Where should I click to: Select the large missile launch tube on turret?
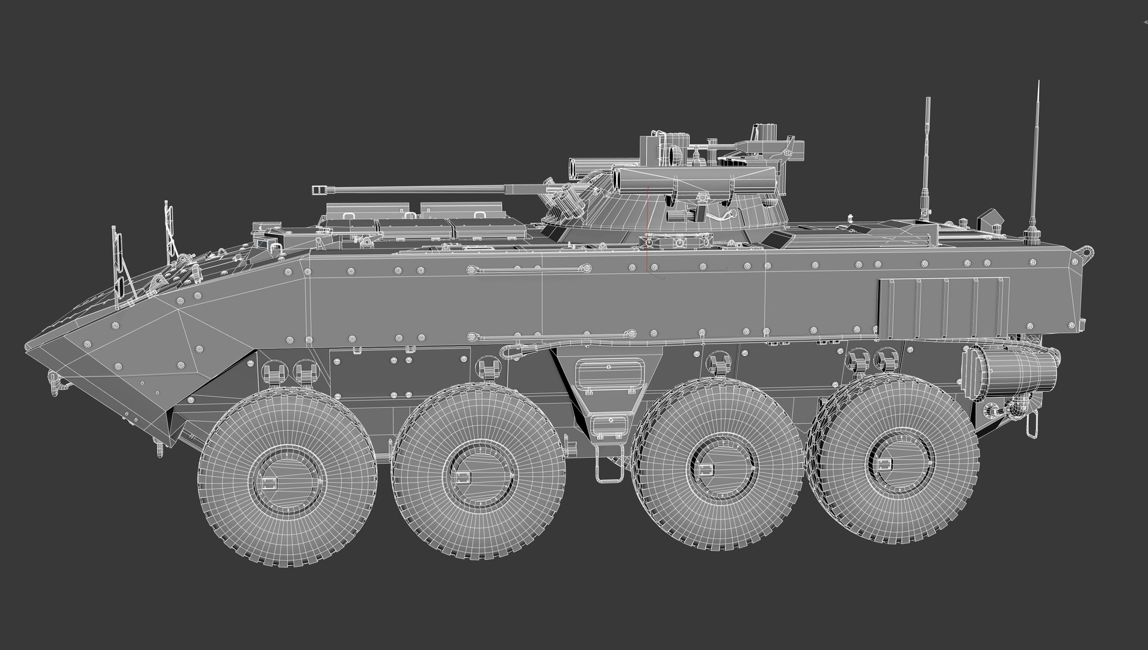(692, 178)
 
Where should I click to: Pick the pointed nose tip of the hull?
(27, 347)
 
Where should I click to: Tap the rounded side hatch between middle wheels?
(608, 375)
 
